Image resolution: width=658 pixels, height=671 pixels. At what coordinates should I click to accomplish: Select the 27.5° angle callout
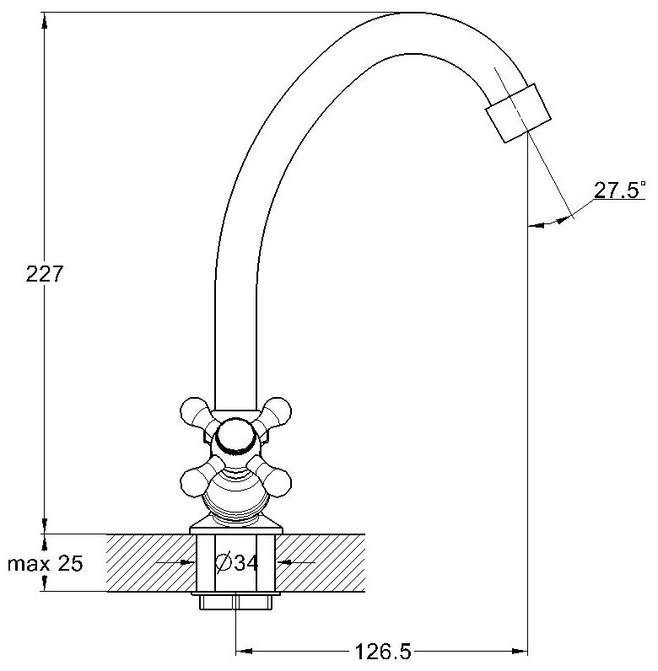tap(619, 191)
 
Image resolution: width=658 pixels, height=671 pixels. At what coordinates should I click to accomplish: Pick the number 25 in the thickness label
tap(70, 563)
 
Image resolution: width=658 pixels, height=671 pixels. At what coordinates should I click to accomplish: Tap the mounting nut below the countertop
tap(235, 603)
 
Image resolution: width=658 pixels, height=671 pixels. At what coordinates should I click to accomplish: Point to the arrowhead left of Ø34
tap(188, 562)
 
